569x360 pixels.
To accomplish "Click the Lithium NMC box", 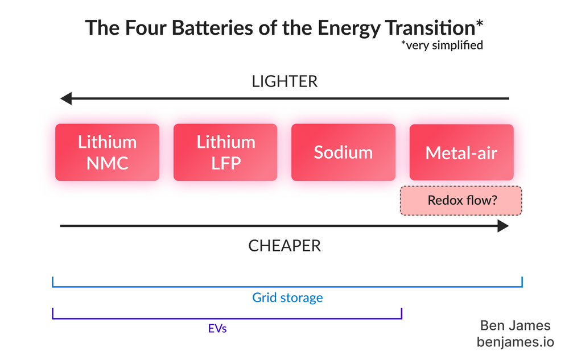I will click(107, 152).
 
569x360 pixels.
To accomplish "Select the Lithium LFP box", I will click(225, 152).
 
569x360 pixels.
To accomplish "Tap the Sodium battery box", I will click(343, 152).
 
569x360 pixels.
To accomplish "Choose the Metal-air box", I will click(461, 152).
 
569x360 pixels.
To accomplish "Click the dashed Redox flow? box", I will click(461, 200).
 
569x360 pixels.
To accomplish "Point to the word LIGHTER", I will click(284, 81).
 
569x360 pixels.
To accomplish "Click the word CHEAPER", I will click(284, 246).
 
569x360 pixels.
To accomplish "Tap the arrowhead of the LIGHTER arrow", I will click(67, 98).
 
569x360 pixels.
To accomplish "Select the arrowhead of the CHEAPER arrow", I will click(502, 226).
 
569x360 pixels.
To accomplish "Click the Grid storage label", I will click(287, 297).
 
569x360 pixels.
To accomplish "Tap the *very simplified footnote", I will click(442, 45).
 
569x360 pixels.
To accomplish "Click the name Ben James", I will click(515, 325).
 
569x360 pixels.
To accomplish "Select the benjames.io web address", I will click(515, 342).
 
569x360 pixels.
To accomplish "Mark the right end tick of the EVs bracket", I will click(402, 313).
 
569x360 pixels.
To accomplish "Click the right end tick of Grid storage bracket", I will click(522, 282).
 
